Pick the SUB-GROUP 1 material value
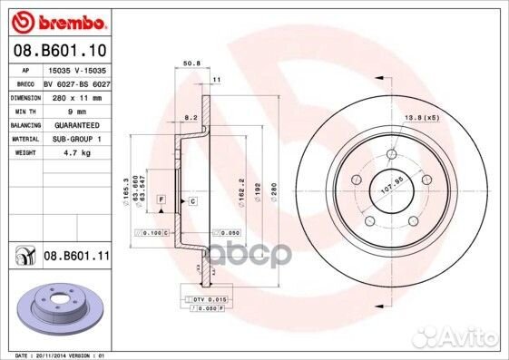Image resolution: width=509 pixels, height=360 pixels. pyautogui.click(x=75, y=140)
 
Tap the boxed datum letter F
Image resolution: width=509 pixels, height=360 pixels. pyautogui.click(x=161, y=199)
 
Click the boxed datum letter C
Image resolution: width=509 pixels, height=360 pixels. pyautogui.click(x=192, y=200)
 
